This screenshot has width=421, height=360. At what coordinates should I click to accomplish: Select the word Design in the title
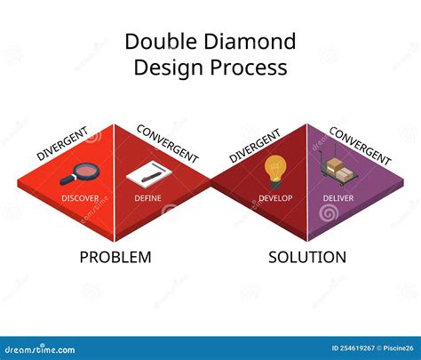pos(168,68)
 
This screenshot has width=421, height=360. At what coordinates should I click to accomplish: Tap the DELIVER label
pos(337,196)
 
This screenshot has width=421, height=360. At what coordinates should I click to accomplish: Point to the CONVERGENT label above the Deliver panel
pos(360,144)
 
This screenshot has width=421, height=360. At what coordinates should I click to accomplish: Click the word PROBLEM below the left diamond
pos(115,257)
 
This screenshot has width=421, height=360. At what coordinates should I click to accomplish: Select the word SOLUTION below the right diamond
pos(307,257)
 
